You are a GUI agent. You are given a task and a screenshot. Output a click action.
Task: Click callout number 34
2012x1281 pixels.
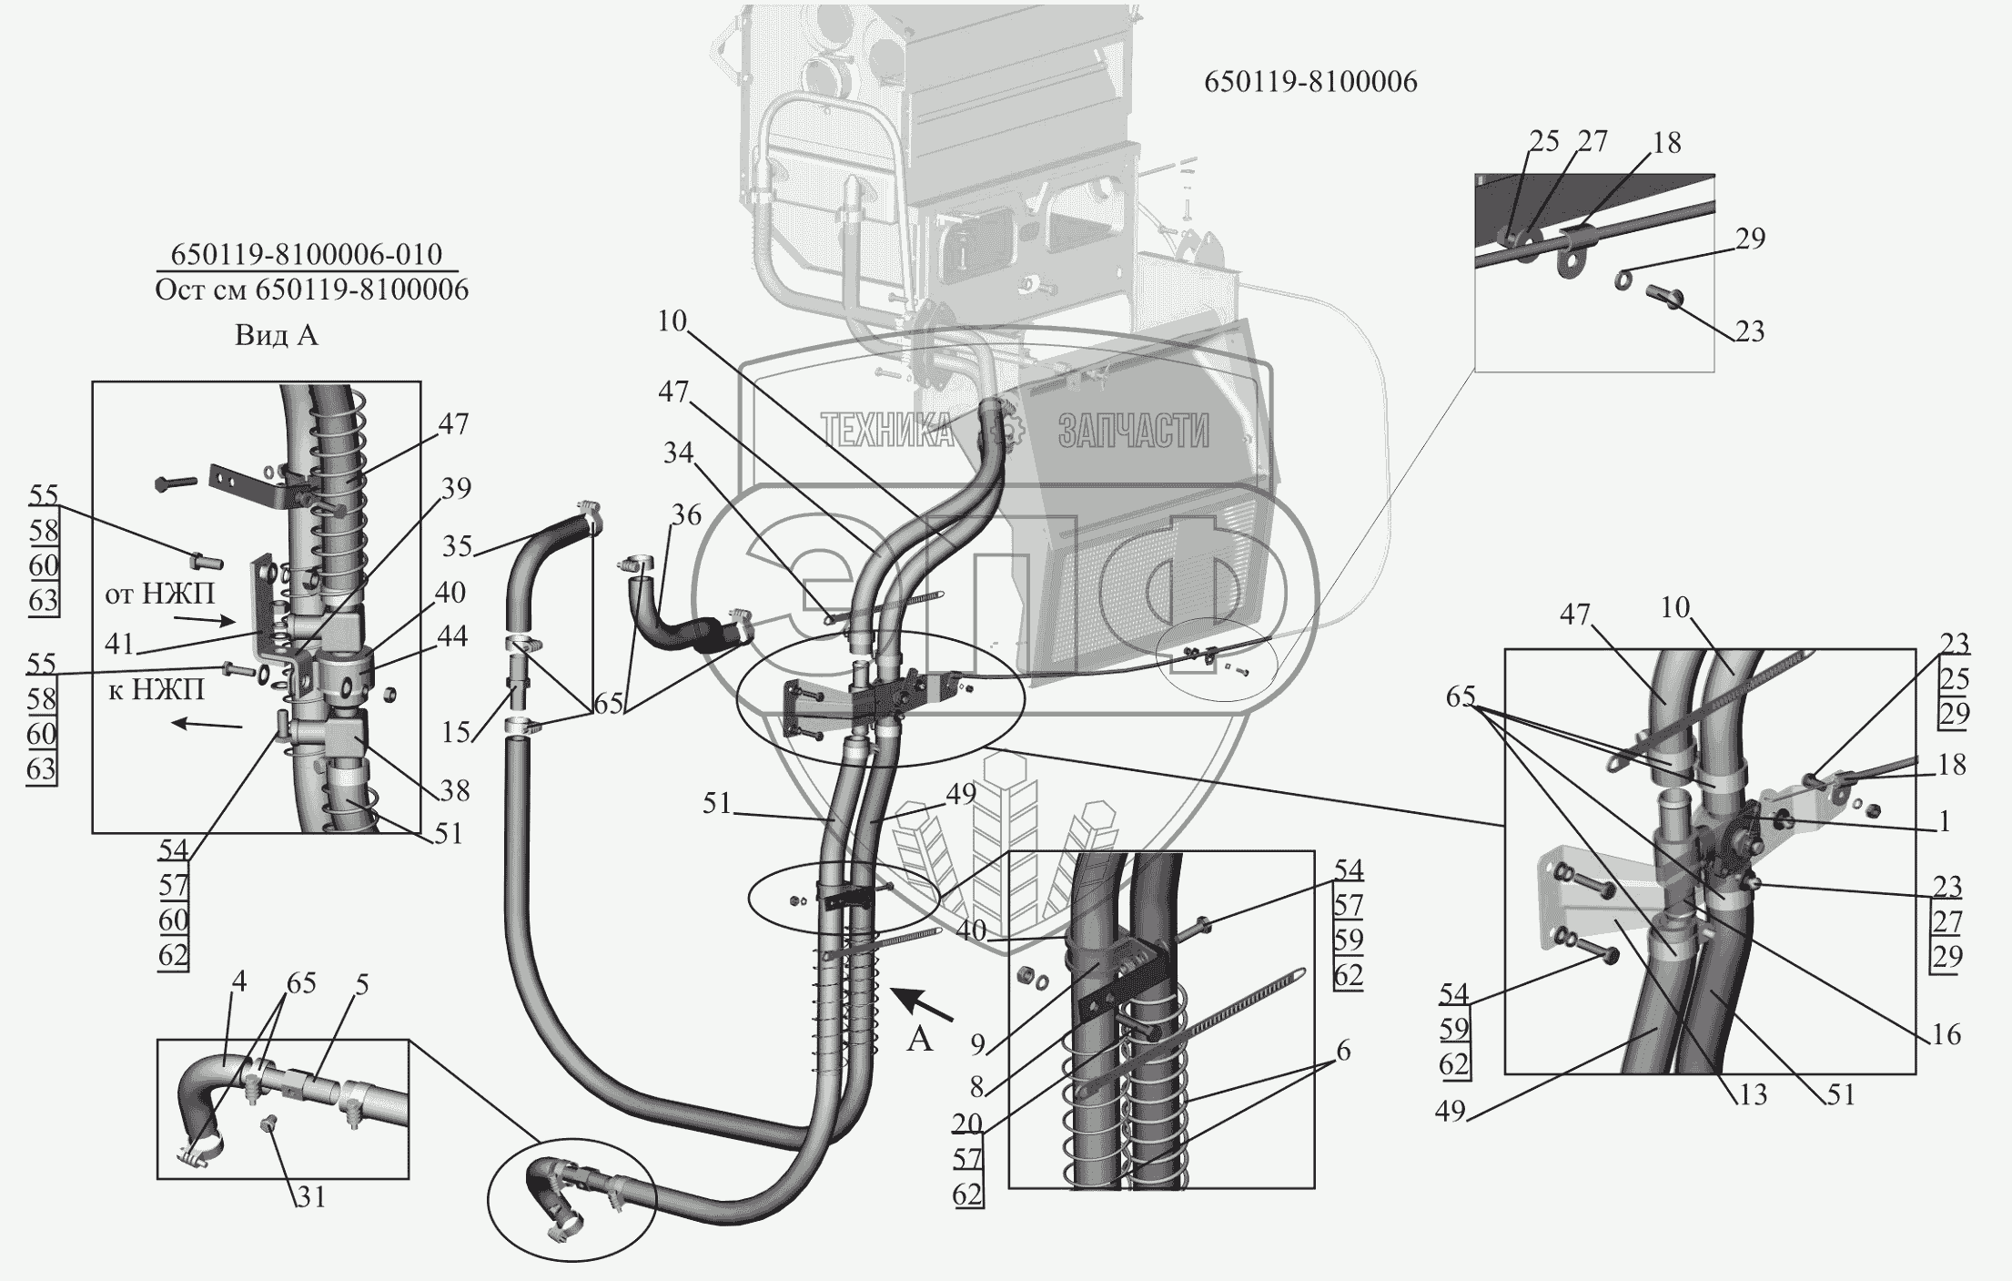point(678,453)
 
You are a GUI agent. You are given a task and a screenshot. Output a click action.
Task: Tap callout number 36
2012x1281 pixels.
point(686,515)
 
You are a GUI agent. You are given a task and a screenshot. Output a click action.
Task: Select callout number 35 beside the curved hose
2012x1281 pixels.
point(458,546)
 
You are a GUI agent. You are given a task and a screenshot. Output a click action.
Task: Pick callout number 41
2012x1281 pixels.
point(119,645)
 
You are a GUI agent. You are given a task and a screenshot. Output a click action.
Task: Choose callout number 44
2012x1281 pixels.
point(452,636)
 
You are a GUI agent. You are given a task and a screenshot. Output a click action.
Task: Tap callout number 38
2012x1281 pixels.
point(454,790)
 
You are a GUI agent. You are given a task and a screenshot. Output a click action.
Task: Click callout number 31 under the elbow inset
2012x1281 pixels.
point(311,1197)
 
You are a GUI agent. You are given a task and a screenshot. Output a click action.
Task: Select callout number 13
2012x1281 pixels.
point(1752,1093)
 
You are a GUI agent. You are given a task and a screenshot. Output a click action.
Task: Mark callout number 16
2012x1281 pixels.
point(1946,1035)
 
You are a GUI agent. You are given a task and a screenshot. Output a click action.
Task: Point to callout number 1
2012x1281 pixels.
point(1944,822)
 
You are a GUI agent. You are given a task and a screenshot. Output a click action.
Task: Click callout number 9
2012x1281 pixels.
point(977,1044)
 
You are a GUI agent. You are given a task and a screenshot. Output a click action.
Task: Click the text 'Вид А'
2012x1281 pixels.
point(277,336)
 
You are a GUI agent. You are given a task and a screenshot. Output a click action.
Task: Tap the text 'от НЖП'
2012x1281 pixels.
point(160,595)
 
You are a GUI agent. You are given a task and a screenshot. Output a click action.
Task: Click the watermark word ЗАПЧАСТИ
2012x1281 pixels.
point(1133,431)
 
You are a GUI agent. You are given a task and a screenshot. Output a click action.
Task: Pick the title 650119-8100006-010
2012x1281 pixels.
point(308,254)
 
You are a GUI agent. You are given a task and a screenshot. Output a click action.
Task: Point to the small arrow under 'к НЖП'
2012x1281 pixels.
point(207,725)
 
